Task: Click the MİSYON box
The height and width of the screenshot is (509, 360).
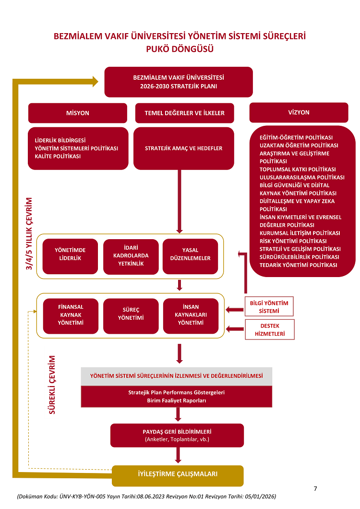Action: coord(78,113)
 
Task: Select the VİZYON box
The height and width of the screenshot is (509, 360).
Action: coord(299,112)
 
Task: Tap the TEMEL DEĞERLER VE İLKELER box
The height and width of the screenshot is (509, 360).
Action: coord(184,113)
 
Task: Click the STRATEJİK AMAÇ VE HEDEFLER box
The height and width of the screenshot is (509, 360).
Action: coord(184,148)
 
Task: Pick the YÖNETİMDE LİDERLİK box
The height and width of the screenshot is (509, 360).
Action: coord(70,256)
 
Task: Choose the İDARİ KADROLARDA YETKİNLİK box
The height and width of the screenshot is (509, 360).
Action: coord(131,256)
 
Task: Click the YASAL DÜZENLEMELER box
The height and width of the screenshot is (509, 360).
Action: coord(190,256)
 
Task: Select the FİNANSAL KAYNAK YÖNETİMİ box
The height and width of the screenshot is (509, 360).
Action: coord(71,316)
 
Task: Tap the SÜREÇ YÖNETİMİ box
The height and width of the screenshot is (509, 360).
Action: coord(131,316)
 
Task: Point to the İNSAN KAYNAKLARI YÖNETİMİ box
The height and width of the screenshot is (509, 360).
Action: coord(191,316)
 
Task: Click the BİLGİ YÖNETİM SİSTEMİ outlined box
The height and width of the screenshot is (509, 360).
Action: coord(269,306)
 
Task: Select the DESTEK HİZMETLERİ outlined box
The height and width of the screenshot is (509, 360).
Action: coord(270,329)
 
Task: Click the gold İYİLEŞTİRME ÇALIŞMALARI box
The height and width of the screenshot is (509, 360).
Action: coord(178,476)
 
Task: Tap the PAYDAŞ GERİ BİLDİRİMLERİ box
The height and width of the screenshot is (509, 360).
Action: coord(177,436)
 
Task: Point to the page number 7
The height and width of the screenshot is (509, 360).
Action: coord(315,488)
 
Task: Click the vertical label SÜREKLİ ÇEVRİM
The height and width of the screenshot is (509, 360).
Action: coord(52,385)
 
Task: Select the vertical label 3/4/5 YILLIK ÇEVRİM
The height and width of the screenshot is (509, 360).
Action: coord(29,233)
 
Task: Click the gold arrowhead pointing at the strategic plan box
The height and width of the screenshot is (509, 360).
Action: coord(95,82)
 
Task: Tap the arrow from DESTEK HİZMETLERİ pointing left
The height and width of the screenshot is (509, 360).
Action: coord(235,329)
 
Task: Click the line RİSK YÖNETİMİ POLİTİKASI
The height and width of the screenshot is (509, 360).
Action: coord(293,241)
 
